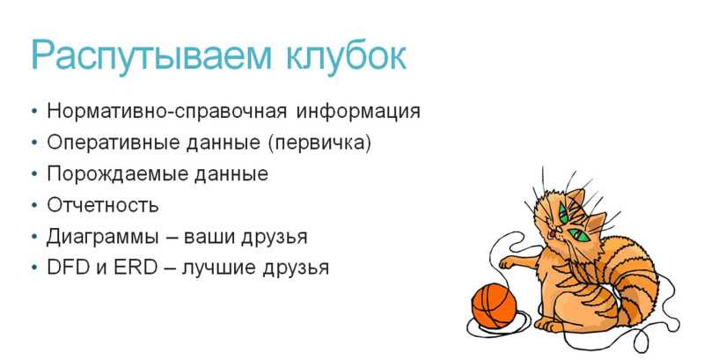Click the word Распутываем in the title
click(151, 56)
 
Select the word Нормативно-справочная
click(166, 111)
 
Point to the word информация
click(358, 111)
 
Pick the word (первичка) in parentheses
click(320, 143)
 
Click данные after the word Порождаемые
click(231, 174)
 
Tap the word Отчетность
click(103, 205)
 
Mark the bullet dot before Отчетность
click(35, 205)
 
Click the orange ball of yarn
click(494, 305)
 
